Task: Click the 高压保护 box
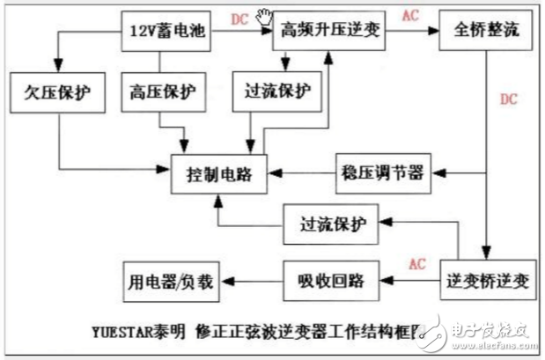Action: (161, 92)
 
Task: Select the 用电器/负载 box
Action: (169, 282)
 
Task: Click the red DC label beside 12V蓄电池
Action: (238, 18)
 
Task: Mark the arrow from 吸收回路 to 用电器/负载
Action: (253, 283)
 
